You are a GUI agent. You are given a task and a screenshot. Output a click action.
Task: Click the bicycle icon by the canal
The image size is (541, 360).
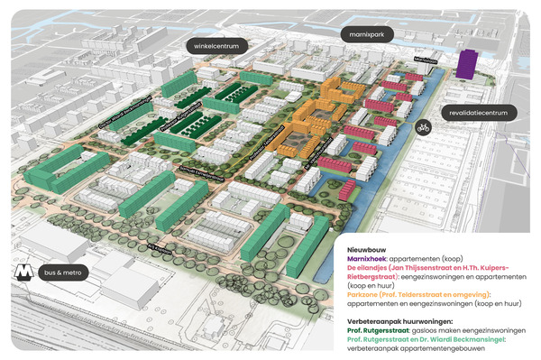coord(422,129)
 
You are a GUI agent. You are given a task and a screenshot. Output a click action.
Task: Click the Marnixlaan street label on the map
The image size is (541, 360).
coord(425,60)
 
